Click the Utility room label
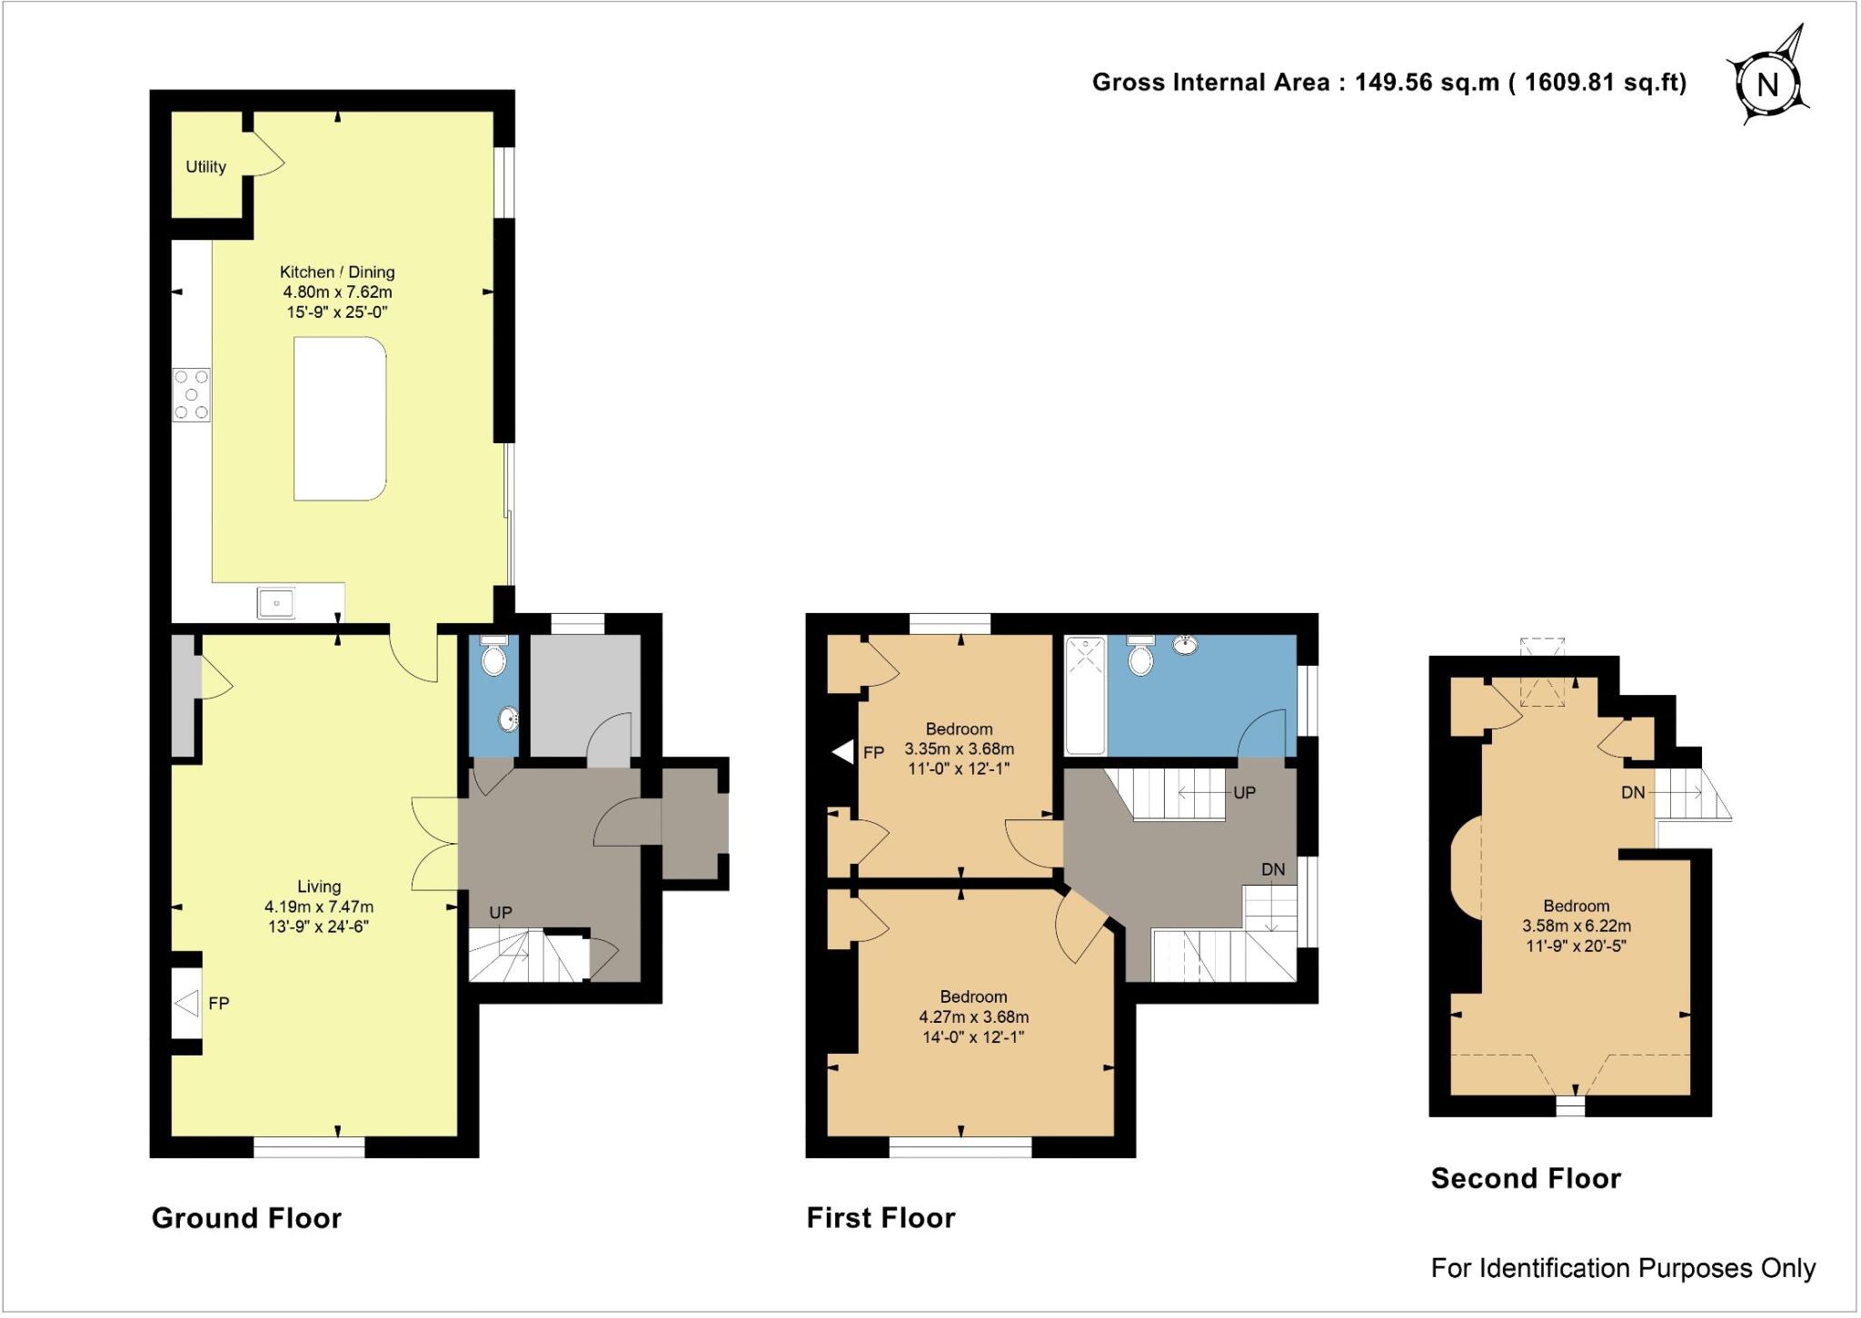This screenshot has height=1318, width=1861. pyautogui.click(x=205, y=167)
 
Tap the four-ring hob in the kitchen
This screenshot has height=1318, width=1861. pyautogui.click(x=192, y=395)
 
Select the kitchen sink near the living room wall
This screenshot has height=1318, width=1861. pyautogui.click(x=275, y=602)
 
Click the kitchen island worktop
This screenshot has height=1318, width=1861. pyautogui.click(x=340, y=419)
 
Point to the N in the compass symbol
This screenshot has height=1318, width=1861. pyautogui.click(x=1767, y=85)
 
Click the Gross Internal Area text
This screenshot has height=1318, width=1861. pyautogui.click(x=1388, y=83)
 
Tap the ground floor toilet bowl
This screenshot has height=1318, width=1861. pyautogui.click(x=493, y=659)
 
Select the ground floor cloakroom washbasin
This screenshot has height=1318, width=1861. pyautogui.click(x=509, y=720)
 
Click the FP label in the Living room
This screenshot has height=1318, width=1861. pyautogui.click(x=219, y=1004)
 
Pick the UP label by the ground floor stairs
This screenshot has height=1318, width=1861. pyautogui.click(x=501, y=913)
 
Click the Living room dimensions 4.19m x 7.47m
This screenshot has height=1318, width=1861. pyautogui.click(x=319, y=907)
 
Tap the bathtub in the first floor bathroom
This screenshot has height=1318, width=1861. pyautogui.click(x=1085, y=696)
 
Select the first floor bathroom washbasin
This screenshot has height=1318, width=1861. pyautogui.click(x=1185, y=646)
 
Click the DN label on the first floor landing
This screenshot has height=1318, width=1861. pyautogui.click(x=1273, y=869)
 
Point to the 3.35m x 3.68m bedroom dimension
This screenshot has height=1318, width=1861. pyautogui.click(x=959, y=749)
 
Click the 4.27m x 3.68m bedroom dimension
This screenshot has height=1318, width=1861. pyautogui.click(x=973, y=1017)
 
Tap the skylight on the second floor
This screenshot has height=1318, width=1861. pyautogui.click(x=1542, y=673)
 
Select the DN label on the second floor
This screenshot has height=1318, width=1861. pyautogui.click(x=1633, y=793)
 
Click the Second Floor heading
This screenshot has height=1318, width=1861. pyautogui.click(x=1526, y=1179)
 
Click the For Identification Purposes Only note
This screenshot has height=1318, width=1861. pyautogui.click(x=1623, y=1269)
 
